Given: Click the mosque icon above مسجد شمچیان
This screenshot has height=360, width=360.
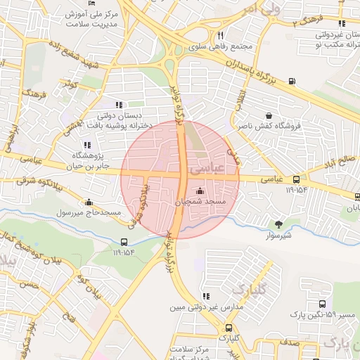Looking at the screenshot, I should point(200,191).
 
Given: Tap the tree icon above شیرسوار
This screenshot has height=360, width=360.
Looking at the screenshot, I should point(280,225).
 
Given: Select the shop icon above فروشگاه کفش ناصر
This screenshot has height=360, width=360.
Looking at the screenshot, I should point(269,115).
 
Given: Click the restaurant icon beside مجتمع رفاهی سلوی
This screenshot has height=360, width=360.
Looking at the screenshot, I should point(221,35).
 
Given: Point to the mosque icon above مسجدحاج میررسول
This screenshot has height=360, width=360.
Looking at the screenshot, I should point(89,202).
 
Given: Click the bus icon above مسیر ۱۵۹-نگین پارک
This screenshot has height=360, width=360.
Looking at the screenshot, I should point(322,304).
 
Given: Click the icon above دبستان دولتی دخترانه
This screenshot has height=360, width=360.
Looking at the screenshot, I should point(118,105).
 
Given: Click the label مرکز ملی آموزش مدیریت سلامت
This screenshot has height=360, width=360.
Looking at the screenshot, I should point(88,19).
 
